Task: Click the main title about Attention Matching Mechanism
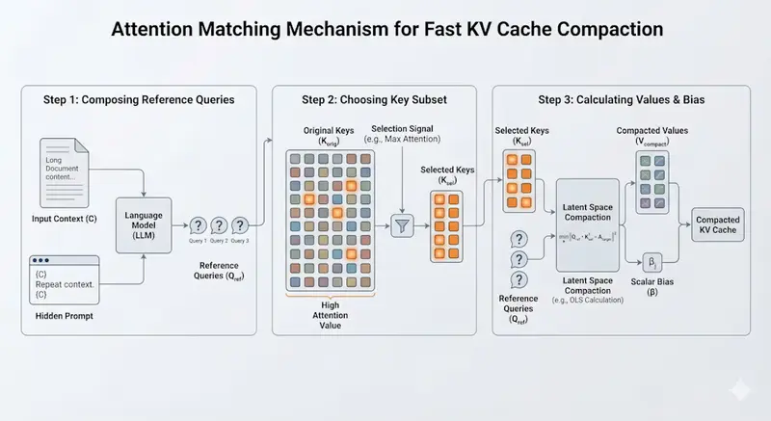tap(385, 30)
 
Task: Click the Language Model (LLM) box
tap(143, 225)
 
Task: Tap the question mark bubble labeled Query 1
tap(197, 225)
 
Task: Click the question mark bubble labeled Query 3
tap(240, 225)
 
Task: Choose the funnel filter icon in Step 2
tap(401, 226)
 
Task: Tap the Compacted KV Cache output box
tap(717, 226)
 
